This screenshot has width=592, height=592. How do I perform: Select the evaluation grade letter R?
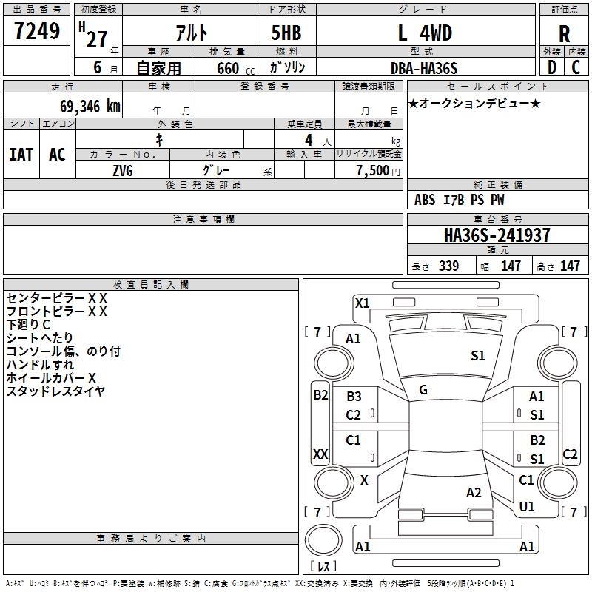[x=564, y=34]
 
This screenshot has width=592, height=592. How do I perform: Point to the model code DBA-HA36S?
[x=424, y=68]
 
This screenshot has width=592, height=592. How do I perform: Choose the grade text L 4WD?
[x=424, y=33]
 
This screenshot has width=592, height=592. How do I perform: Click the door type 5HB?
[x=286, y=33]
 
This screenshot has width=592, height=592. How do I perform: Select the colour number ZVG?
[x=122, y=169]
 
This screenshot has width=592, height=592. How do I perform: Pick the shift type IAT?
[x=21, y=155]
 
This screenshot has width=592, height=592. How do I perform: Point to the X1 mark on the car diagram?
[x=362, y=303]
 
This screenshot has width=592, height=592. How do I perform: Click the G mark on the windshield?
[x=423, y=390]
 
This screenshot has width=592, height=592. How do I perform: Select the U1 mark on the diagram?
[x=527, y=507]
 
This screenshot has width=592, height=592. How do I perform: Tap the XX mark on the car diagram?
[x=320, y=454]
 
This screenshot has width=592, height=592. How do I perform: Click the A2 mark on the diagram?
[x=474, y=493]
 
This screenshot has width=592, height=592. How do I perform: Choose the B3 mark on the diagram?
[x=354, y=397]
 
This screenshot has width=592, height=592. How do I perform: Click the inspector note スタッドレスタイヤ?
[x=55, y=391]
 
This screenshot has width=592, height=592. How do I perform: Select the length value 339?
[x=448, y=266]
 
